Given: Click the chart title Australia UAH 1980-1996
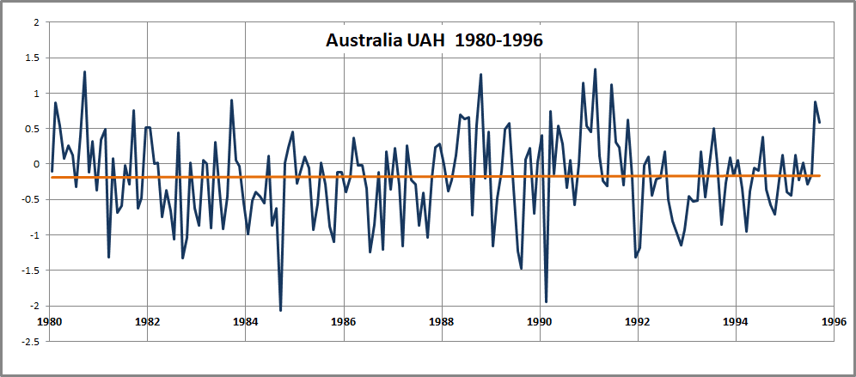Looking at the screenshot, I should point(434,40).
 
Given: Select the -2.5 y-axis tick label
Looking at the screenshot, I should point(29,341).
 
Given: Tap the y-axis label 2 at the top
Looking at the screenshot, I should point(36,22).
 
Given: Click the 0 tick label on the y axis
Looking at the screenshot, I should point(36,164).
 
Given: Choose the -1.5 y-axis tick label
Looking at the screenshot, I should point(29,271).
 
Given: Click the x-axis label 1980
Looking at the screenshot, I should point(50,324).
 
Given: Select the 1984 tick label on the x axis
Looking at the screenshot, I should point(246,324).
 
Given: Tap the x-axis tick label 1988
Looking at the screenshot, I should point(442,324).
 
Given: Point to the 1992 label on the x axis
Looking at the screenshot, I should point(638,324).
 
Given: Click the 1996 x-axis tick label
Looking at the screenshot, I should point(834,324).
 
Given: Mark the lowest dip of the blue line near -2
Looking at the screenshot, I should point(280,310).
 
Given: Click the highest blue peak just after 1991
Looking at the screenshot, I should point(595,70).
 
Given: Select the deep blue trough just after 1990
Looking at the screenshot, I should point(546,301).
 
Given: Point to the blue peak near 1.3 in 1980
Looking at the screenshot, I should point(84,72).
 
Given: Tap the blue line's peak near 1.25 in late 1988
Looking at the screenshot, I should point(480,75).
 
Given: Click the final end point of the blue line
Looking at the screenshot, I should point(819,122).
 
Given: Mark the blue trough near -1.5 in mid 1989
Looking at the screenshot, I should point(522,268).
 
